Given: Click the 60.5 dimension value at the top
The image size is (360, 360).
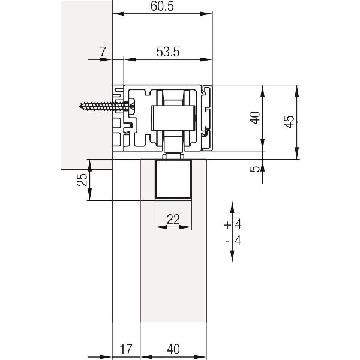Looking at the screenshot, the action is tap(162, 6).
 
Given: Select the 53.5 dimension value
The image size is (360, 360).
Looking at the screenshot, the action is tap(168, 52).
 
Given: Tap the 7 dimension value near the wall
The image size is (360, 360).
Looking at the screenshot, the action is tap(103, 52).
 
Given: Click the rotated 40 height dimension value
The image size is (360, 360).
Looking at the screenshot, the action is tap(255, 118).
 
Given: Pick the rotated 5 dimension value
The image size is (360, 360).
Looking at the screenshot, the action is tap(255, 169).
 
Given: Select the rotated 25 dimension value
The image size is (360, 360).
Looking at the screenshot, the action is tap(82, 179).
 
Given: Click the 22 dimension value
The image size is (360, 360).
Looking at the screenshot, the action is tap(173, 220).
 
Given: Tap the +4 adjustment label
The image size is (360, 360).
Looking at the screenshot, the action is tap(233, 224).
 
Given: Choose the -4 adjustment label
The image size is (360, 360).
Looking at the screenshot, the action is tap(233, 241).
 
